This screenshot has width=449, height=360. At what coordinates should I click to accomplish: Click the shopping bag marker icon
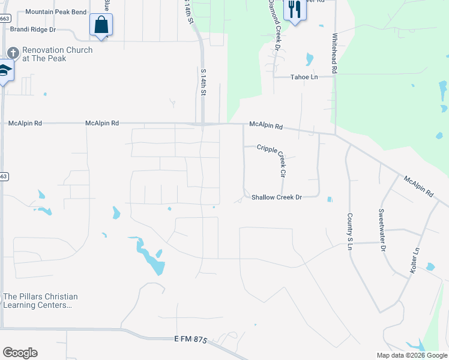(101, 25)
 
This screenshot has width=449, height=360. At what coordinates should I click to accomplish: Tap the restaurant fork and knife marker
(294, 9)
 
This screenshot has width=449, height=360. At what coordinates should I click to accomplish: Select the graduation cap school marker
(5, 70)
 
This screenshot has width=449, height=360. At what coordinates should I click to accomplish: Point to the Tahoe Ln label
(304, 77)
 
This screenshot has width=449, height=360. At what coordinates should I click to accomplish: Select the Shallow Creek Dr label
(276, 197)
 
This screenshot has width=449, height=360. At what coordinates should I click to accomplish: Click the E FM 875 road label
(191, 340)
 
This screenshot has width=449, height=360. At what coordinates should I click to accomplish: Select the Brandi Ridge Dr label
(32, 29)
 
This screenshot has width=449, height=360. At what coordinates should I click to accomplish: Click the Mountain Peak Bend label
(56, 12)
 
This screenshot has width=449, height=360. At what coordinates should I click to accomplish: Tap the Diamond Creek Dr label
(274, 24)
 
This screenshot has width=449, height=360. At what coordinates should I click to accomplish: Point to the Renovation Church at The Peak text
(57, 54)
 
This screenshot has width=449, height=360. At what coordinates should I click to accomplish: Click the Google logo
(20, 353)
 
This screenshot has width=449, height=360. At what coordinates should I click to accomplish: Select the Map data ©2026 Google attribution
(411, 355)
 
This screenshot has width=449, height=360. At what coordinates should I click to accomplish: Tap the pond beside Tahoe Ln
(309, 59)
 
